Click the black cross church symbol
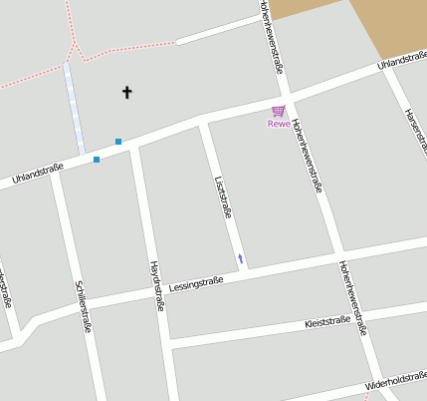(126, 93)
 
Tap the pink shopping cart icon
(279, 111)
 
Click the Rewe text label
(279, 124)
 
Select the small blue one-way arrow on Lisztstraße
(240, 259)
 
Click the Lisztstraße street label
(223, 197)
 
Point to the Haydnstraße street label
(155, 287)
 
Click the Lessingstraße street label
(195, 283)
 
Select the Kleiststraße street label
(327, 322)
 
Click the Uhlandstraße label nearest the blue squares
(38, 174)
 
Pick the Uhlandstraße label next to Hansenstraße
(401, 63)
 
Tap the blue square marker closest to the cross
(118, 142)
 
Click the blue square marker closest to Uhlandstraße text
(97, 160)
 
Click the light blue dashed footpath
(74, 105)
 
